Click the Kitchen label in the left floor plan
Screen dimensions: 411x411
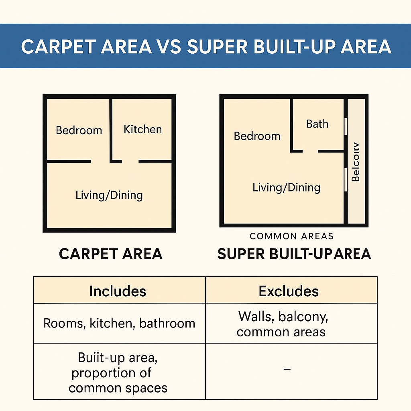point(142,129)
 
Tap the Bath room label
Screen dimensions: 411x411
point(317,124)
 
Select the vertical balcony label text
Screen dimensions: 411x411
point(356,162)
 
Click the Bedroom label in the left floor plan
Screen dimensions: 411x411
point(79,130)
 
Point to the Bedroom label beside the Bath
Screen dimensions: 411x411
point(257,136)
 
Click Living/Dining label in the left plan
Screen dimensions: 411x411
point(109,195)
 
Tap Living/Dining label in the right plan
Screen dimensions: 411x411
point(286,187)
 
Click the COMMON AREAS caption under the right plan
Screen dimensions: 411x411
point(292,236)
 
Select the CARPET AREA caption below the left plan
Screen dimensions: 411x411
point(110,254)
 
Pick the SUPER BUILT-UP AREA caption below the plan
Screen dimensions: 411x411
point(294,254)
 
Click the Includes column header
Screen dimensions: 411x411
point(118,291)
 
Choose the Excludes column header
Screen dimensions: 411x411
point(289,291)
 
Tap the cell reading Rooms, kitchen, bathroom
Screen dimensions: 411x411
point(119,324)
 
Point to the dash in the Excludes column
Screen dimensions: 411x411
point(287,368)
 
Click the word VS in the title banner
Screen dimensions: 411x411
point(170,47)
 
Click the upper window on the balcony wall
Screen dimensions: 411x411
point(345,126)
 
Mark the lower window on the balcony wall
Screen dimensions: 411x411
point(345,179)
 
